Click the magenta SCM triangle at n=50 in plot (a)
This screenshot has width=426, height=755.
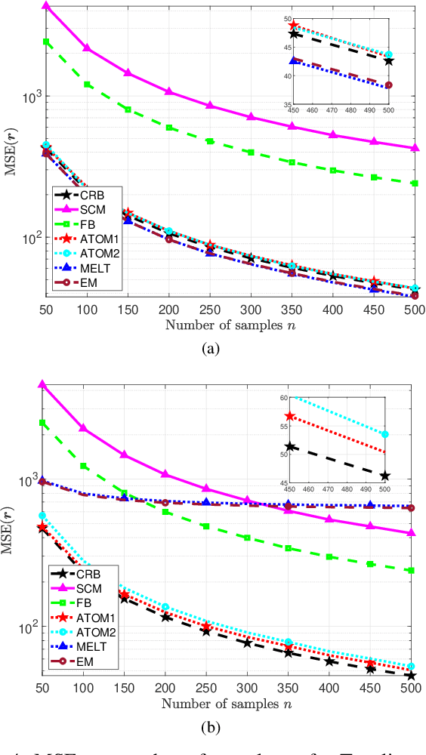(x=46, y=6)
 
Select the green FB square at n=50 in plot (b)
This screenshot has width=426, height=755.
(x=46, y=423)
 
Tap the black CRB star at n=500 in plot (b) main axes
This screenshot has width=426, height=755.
(x=412, y=675)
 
